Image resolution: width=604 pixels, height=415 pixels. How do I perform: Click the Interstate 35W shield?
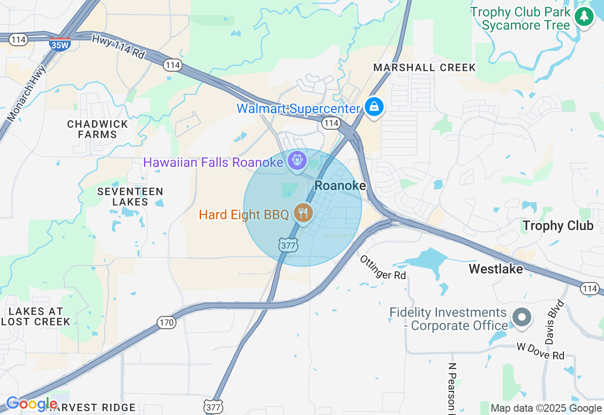tap(59, 44)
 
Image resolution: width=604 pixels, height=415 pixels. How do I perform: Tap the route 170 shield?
tap(167, 323)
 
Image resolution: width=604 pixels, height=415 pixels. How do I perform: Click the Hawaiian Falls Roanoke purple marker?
tap(297, 161)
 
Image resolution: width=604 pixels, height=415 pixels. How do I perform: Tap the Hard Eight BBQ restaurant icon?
tap(303, 213)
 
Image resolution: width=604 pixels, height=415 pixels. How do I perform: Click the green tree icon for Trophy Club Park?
tap(584, 17)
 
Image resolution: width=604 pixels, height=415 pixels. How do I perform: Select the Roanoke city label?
tap(340, 186)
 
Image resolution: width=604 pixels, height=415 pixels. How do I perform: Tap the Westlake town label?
tap(495, 269)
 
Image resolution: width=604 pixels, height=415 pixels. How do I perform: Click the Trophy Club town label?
tap(557, 226)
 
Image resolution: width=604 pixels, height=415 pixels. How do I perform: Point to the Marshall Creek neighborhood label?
tap(425, 67)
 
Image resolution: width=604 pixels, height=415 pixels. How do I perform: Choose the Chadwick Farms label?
tap(98, 129)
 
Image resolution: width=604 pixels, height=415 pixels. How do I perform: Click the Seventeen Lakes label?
tap(130, 197)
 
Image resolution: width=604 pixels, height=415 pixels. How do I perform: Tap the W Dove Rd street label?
tap(540, 351)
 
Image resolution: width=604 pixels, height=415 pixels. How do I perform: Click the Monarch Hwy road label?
tap(27, 92)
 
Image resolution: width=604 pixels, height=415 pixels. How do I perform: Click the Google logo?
tap(31, 404)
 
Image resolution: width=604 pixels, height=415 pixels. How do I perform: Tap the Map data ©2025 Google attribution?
tap(546, 408)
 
